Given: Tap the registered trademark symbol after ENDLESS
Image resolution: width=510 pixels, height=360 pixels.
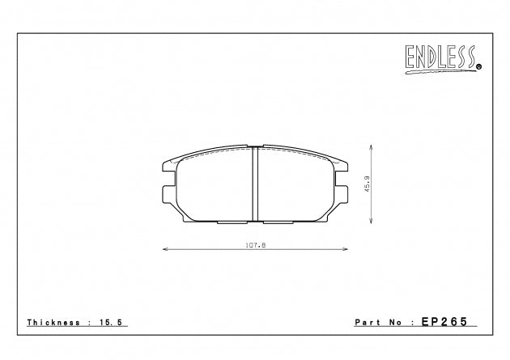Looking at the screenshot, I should (x=478, y=66).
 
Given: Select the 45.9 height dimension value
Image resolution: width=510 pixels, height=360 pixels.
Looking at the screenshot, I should (x=366, y=184).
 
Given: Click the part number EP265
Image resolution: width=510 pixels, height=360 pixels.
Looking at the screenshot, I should (x=444, y=322).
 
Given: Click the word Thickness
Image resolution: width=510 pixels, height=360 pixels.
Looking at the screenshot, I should (x=52, y=322).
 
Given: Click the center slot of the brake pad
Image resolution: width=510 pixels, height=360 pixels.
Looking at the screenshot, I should (x=256, y=184).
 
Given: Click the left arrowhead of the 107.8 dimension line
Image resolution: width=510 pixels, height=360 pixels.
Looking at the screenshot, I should (x=165, y=250).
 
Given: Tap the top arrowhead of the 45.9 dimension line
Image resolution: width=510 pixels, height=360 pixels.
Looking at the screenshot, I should (x=371, y=147).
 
